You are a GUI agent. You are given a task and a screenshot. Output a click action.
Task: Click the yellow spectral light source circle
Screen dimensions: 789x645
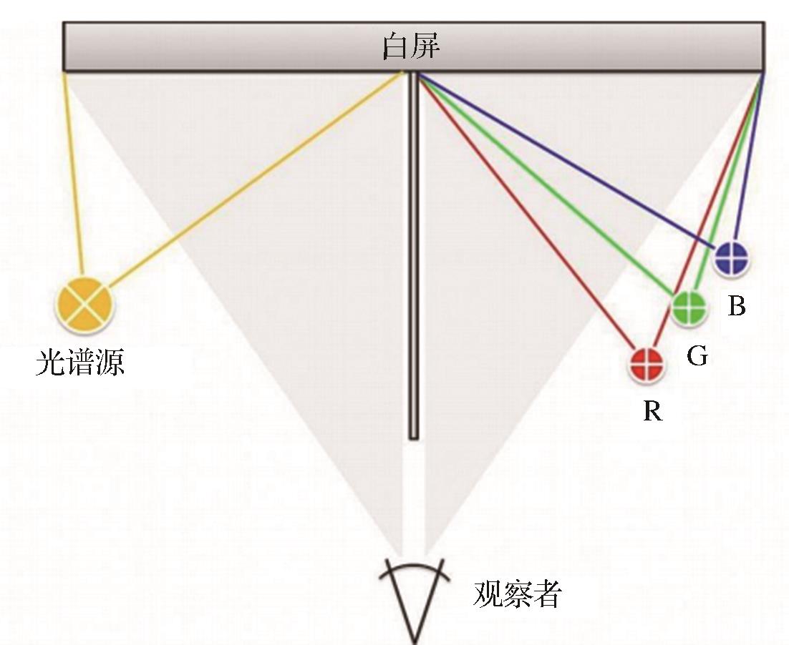tap(84, 305)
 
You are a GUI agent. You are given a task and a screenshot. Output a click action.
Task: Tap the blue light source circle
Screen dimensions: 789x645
tap(732, 257)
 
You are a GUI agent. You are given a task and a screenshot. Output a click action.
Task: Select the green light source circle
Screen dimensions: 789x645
tap(689, 307)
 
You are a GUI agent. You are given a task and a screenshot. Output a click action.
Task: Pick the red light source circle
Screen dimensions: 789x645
tap(647, 364)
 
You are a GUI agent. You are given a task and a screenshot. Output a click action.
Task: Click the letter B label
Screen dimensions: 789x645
tap(737, 305)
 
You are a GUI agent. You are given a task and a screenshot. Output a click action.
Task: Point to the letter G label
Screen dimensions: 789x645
tap(697, 355)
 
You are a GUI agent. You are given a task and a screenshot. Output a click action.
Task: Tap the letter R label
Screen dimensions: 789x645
tap(653, 410)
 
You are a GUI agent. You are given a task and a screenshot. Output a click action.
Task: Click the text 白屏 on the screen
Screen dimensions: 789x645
tap(411, 46)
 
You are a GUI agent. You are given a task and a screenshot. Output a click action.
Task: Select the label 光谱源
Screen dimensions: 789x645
tap(80, 363)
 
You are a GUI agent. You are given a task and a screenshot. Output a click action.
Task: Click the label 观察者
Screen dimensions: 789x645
tap(517, 594)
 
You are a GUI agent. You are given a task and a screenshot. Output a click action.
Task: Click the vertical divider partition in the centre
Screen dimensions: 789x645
tap(414, 256)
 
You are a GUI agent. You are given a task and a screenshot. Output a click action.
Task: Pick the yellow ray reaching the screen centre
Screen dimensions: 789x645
tap(256, 179)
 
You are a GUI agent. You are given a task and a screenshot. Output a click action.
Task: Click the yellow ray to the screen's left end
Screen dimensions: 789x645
tap(72, 174)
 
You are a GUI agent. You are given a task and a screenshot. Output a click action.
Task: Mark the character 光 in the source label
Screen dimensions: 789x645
tap(50, 363)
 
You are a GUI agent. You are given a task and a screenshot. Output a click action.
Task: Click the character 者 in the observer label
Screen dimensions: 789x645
tap(547, 594)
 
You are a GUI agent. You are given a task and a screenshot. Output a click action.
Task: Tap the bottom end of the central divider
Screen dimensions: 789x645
tap(414, 439)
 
